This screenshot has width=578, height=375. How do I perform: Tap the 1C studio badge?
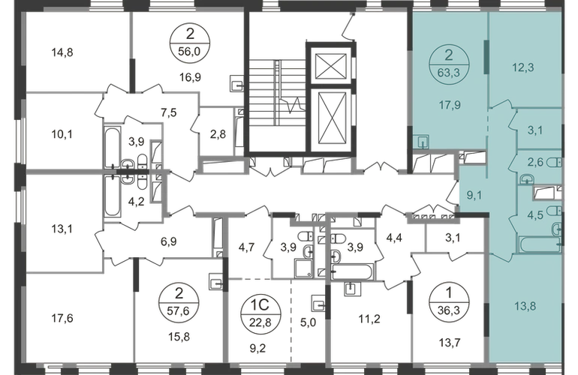click(260, 313)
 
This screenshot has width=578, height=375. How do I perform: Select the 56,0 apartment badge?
click(189, 43)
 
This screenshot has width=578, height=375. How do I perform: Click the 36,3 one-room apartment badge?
click(449, 302)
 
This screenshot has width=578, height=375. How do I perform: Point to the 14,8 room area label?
click(62, 52)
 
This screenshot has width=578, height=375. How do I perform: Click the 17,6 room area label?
click(62, 318)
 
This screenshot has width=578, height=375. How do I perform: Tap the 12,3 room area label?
click(523, 67)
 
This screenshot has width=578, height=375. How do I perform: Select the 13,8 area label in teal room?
click(525, 306)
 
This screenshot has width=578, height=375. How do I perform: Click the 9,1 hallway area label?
click(474, 195)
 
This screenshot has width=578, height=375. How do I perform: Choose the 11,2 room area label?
click(369, 319)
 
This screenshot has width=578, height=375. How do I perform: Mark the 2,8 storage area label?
click(218, 134)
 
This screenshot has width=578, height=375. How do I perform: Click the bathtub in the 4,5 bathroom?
click(540, 245)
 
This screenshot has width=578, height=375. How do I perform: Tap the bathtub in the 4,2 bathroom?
click(113, 196)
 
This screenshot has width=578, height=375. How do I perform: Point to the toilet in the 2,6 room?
click(555, 162)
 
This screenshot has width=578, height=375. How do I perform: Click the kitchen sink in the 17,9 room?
click(420, 142)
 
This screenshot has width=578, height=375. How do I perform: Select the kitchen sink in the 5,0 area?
click(318, 303)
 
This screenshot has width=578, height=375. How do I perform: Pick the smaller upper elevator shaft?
click(331, 66)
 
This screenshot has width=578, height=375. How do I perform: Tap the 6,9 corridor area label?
click(169, 241)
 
